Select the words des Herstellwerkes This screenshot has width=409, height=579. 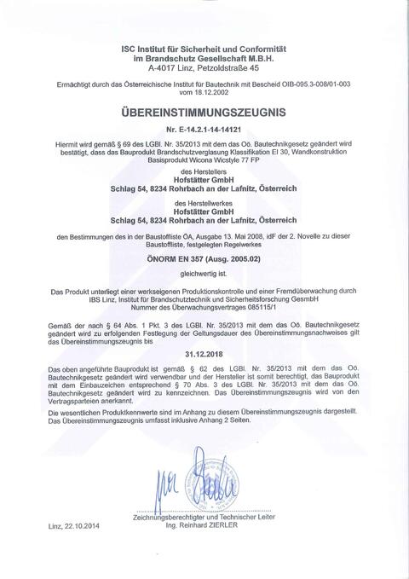click(204, 203)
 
